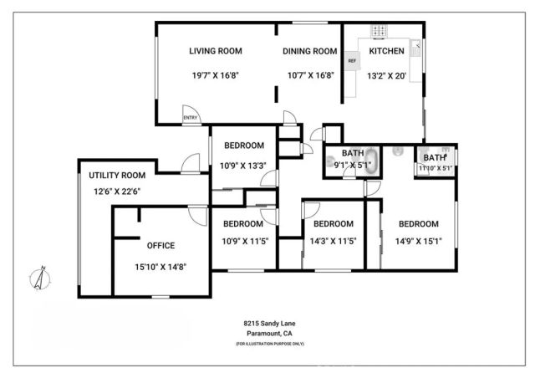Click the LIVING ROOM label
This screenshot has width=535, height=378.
[215, 51]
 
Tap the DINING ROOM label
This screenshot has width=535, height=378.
[308, 51]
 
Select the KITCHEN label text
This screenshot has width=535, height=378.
[386, 51]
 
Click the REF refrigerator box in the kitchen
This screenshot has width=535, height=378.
[352, 61]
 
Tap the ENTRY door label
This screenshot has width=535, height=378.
[191, 119]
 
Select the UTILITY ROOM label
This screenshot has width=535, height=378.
[117, 176]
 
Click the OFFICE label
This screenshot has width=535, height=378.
[160, 246]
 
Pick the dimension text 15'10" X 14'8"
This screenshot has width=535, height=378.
[160, 267]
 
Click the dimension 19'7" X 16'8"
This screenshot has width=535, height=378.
[215, 75]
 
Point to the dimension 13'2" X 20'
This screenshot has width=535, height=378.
[386, 75]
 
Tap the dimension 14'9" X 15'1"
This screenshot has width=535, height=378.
[418, 243]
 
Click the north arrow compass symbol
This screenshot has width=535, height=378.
[39, 278]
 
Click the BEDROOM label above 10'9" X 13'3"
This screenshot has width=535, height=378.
[242, 146]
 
